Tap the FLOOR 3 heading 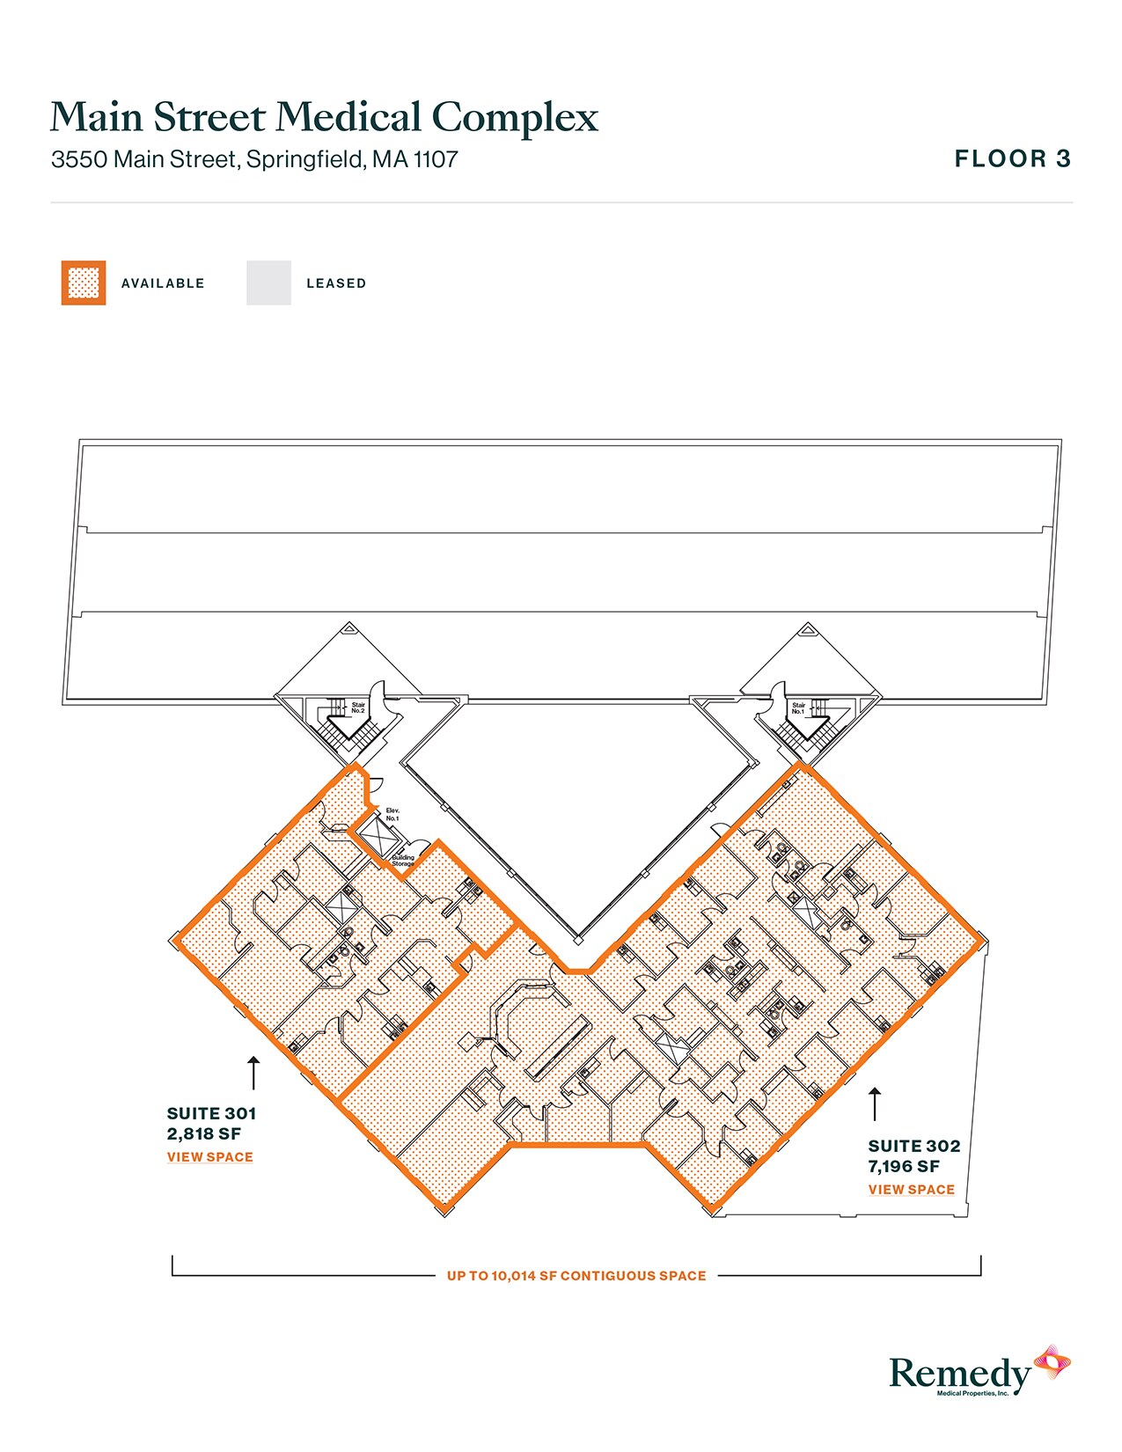1012,158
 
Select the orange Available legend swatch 84,282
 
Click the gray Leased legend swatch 268,282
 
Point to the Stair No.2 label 358,708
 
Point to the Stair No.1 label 798,708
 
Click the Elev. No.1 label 392,814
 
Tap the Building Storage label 403,861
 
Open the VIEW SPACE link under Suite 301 210,1157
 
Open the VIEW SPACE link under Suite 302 911,1190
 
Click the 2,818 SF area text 203,1134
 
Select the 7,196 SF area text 904,1167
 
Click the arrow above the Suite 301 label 253,1073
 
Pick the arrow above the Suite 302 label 875,1104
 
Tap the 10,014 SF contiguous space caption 576,1275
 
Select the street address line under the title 254,159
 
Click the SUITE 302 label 913,1146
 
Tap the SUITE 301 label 211,1113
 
